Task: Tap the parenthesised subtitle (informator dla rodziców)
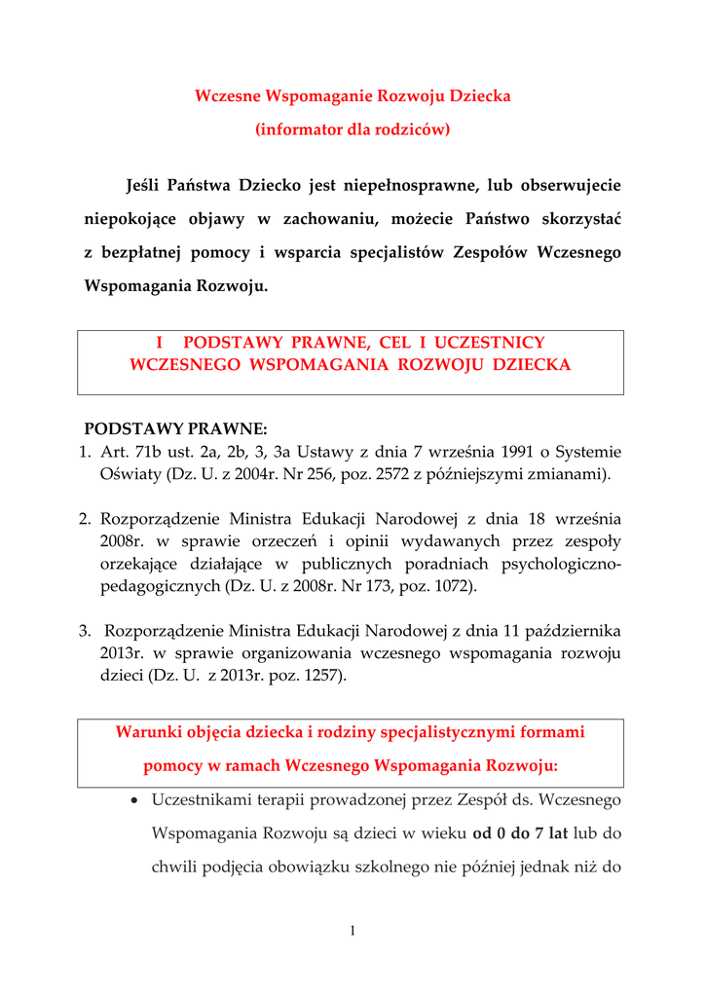353,129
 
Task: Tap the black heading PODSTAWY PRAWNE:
175,428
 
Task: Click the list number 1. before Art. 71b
86,452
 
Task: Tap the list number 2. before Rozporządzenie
86,519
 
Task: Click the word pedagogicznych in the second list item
160,586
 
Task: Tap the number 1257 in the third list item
316,676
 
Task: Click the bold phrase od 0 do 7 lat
521,833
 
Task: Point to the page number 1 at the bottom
353,932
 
